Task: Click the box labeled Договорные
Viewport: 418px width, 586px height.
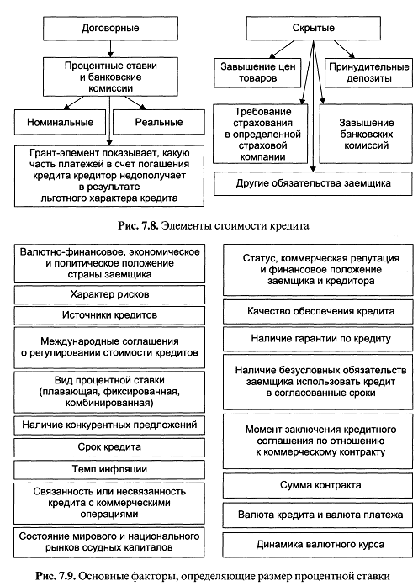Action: (x=110, y=28)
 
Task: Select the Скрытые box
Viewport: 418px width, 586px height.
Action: (x=314, y=28)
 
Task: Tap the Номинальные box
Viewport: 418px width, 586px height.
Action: (x=61, y=122)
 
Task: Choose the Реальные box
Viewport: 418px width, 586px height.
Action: (x=159, y=122)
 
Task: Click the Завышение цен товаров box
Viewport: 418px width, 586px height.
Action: (x=257, y=73)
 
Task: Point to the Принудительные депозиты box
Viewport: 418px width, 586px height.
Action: (x=368, y=73)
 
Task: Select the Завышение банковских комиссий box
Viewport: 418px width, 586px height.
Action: (x=367, y=134)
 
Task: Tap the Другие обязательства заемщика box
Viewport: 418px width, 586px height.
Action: (x=314, y=183)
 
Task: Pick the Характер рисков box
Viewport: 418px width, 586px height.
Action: (x=109, y=294)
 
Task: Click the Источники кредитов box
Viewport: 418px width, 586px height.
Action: (x=109, y=315)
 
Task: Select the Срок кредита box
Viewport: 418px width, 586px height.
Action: (x=109, y=447)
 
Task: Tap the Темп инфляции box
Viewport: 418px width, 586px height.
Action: (x=109, y=469)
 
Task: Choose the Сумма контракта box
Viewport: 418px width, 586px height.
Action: (x=320, y=485)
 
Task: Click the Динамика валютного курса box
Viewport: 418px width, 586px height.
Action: (x=320, y=545)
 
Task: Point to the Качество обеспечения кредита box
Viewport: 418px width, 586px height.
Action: (x=320, y=311)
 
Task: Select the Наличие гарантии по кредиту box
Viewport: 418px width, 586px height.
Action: (x=320, y=339)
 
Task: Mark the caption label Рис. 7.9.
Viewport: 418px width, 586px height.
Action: (x=56, y=576)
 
